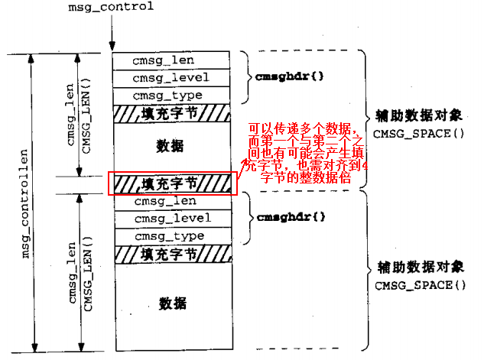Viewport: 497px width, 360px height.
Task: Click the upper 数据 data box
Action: click(x=169, y=146)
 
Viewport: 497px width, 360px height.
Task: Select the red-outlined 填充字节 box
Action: click(x=169, y=183)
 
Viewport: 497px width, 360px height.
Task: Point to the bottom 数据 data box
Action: click(x=171, y=303)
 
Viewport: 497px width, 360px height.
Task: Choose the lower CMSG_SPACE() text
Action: click(x=419, y=285)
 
